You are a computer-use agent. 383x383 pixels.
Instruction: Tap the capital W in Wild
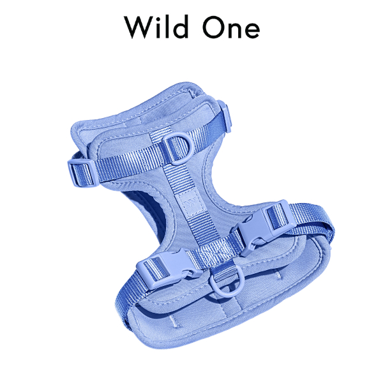pyautogui.click(x=138, y=27)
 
